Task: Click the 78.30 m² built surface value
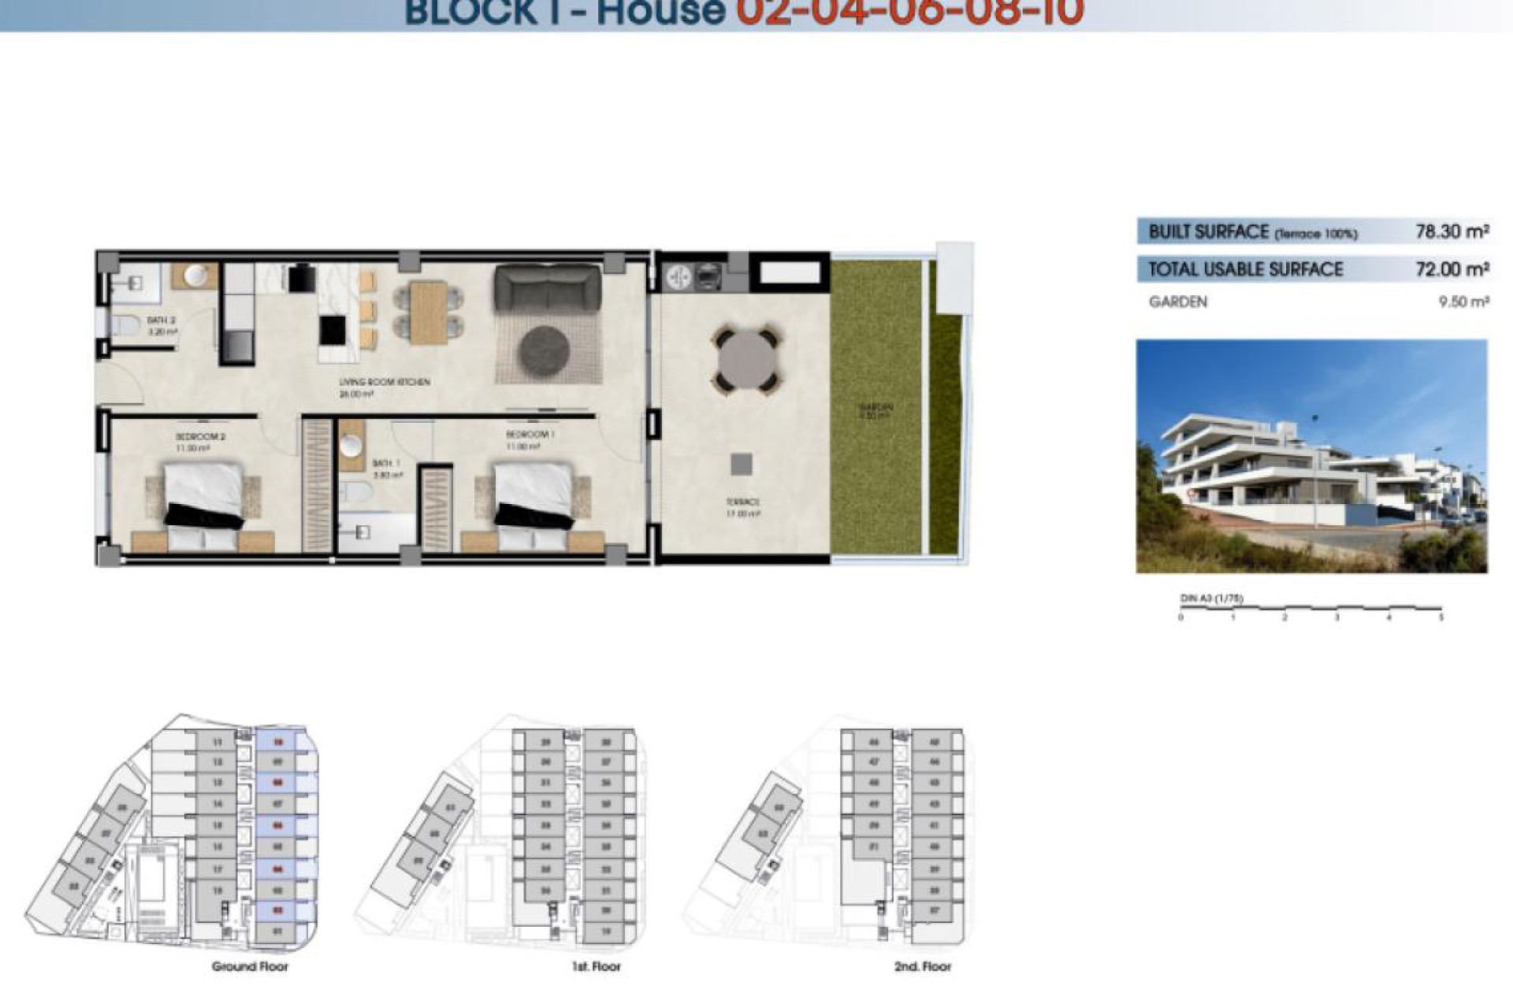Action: tap(1451, 232)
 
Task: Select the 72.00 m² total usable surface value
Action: tap(1451, 269)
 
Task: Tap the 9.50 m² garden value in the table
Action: tap(1463, 302)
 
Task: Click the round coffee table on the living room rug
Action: tap(544, 350)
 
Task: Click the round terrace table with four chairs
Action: tap(746, 361)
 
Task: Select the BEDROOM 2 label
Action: tap(200, 436)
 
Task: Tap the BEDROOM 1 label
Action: tap(530, 435)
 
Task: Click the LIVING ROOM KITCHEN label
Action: tap(385, 382)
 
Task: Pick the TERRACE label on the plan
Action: tap(742, 502)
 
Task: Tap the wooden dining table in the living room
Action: tap(429, 313)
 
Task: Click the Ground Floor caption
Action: tap(250, 966)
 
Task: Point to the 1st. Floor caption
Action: tap(596, 966)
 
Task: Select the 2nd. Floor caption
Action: tap(922, 966)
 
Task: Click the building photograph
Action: tap(1311, 456)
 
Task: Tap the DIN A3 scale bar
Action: tap(1310, 608)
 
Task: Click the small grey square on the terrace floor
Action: tap(741, 464)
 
